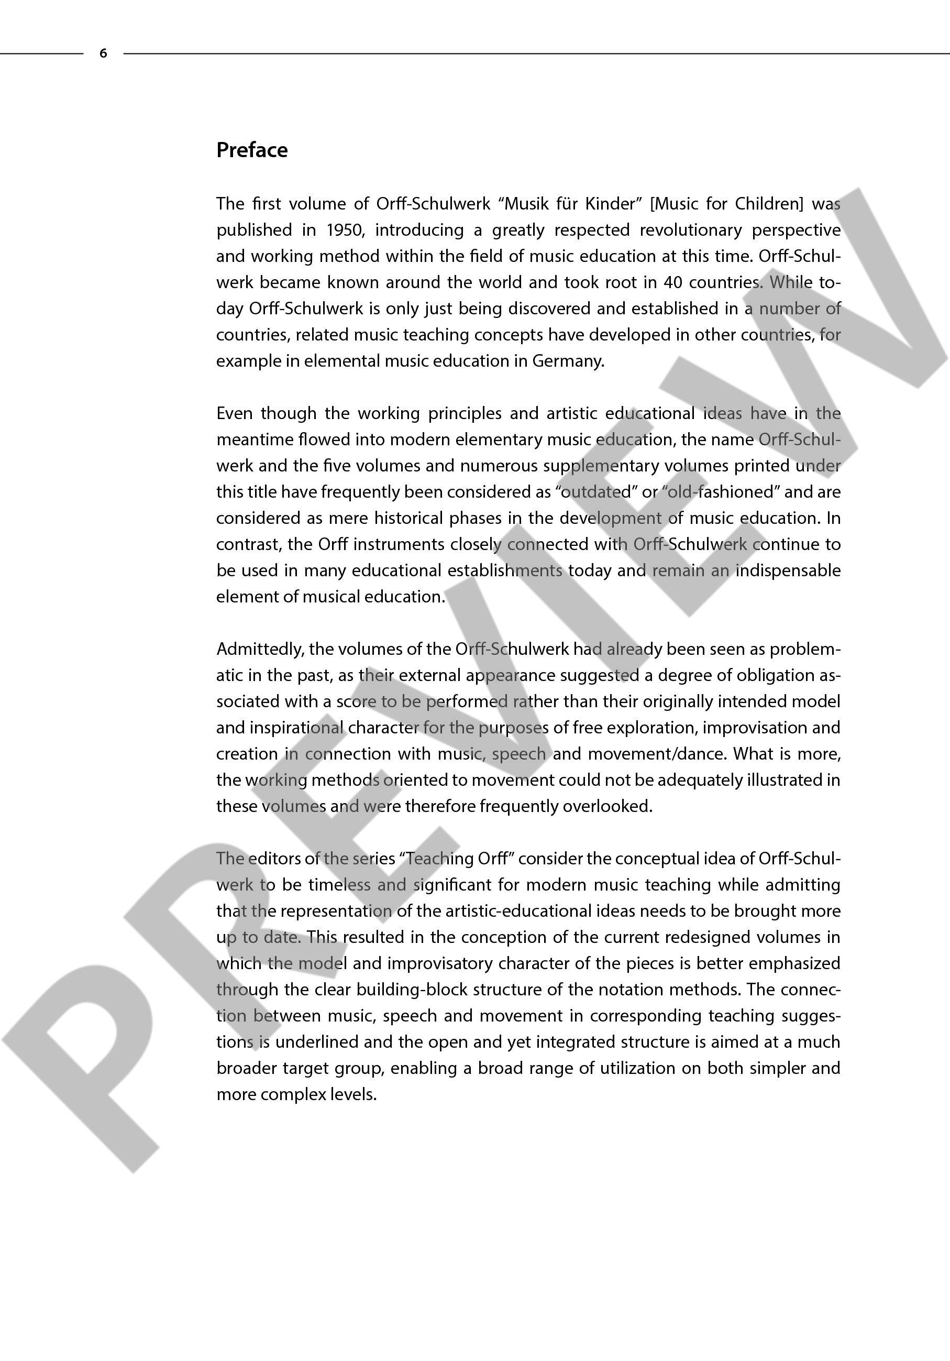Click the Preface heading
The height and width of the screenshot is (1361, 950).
coord(252,150)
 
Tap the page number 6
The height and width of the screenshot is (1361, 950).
coord(103,53)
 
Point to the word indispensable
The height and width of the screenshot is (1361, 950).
coord(788,570)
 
